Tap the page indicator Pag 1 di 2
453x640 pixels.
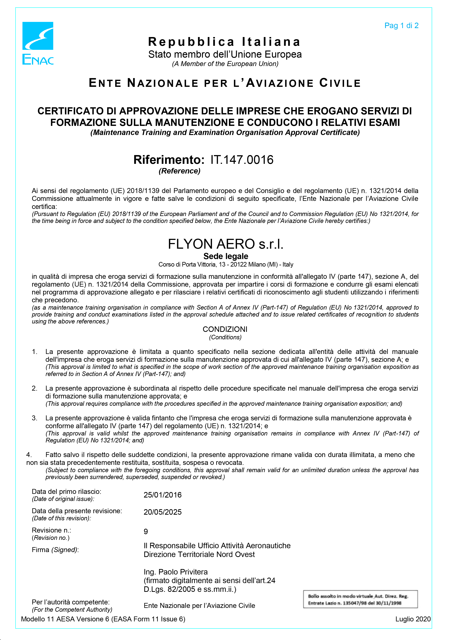[401, 26]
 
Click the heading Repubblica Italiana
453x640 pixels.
[224, 42]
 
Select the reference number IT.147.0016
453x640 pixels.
[242, 160]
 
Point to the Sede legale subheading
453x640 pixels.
[226, 256]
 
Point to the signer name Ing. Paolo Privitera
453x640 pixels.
[175, 572]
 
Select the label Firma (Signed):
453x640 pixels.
[55, 550]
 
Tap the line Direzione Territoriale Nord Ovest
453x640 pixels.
[199, 554]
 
